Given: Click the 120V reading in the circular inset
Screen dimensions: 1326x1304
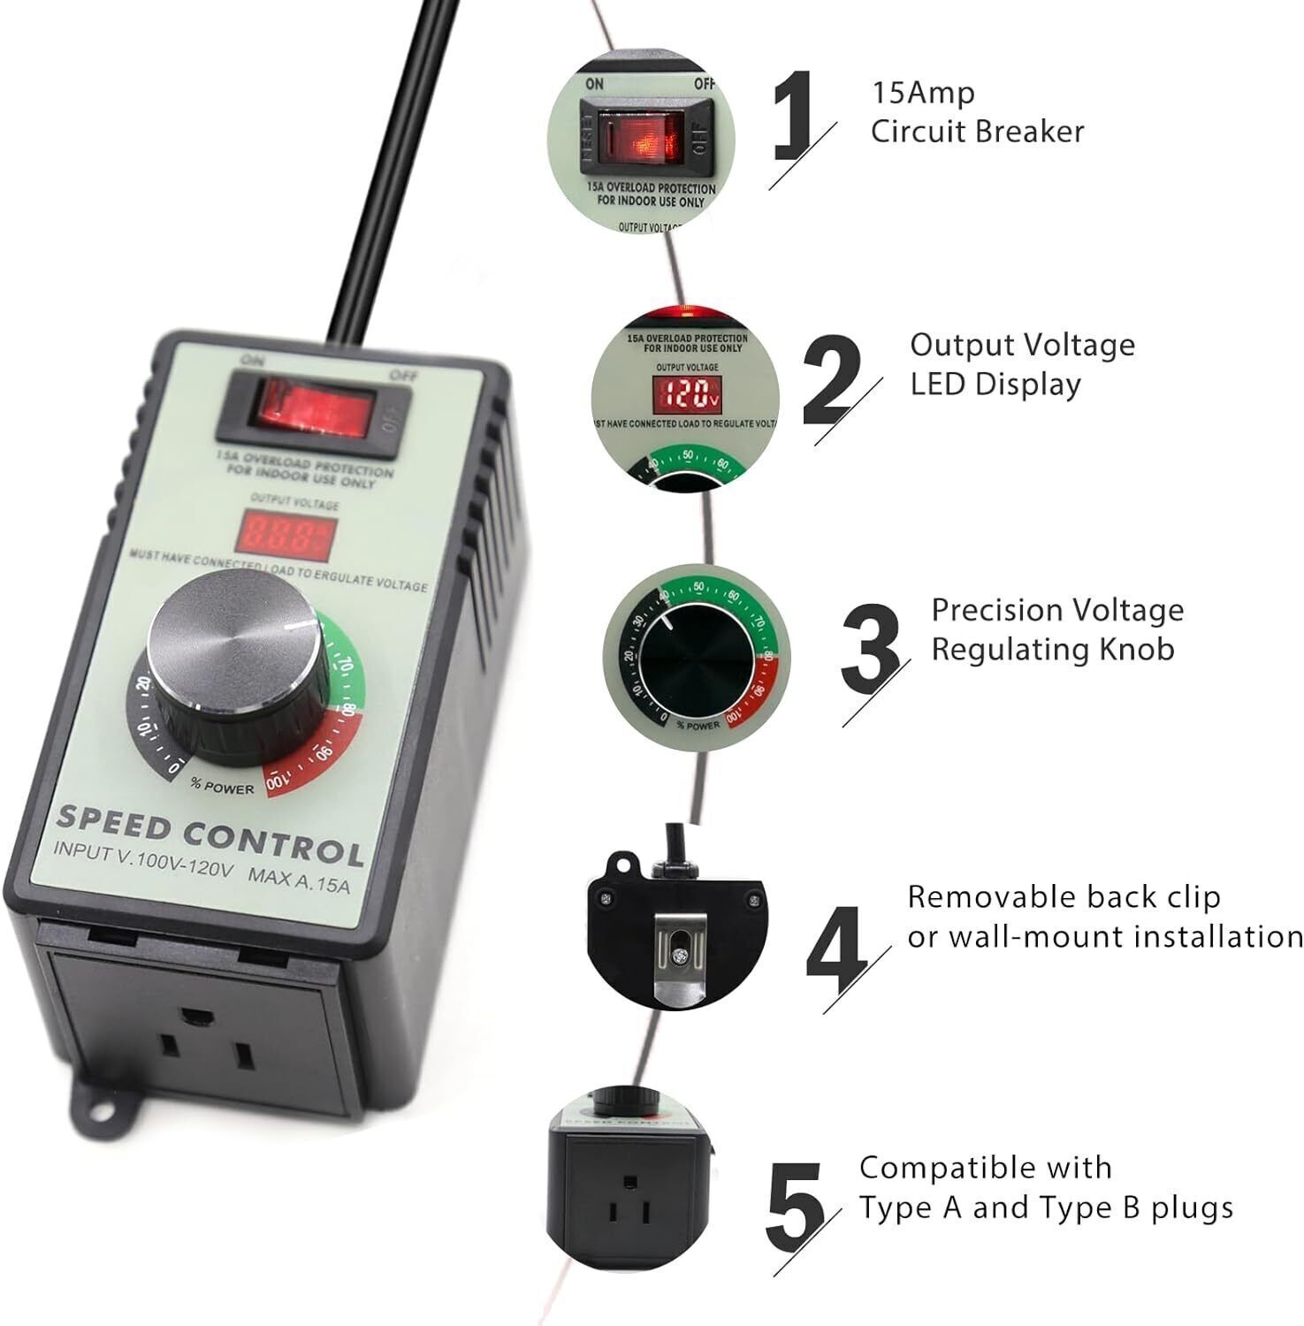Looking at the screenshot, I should pyautogui.click(x=686, y=394).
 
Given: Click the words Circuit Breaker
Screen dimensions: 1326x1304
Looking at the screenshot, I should pyautogui.click(x=976, y=132).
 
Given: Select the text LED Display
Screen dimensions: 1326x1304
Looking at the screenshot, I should pyautogui.click(x=995, y=385).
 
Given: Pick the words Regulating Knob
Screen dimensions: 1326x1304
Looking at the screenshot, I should pyautogui.click(x=1052, y=649).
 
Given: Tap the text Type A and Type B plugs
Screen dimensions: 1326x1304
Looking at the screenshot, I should pyautogui.click(x=1046, y=1208).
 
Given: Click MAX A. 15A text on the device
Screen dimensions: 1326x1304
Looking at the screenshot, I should pyautogui.click(x=299, y=880).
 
